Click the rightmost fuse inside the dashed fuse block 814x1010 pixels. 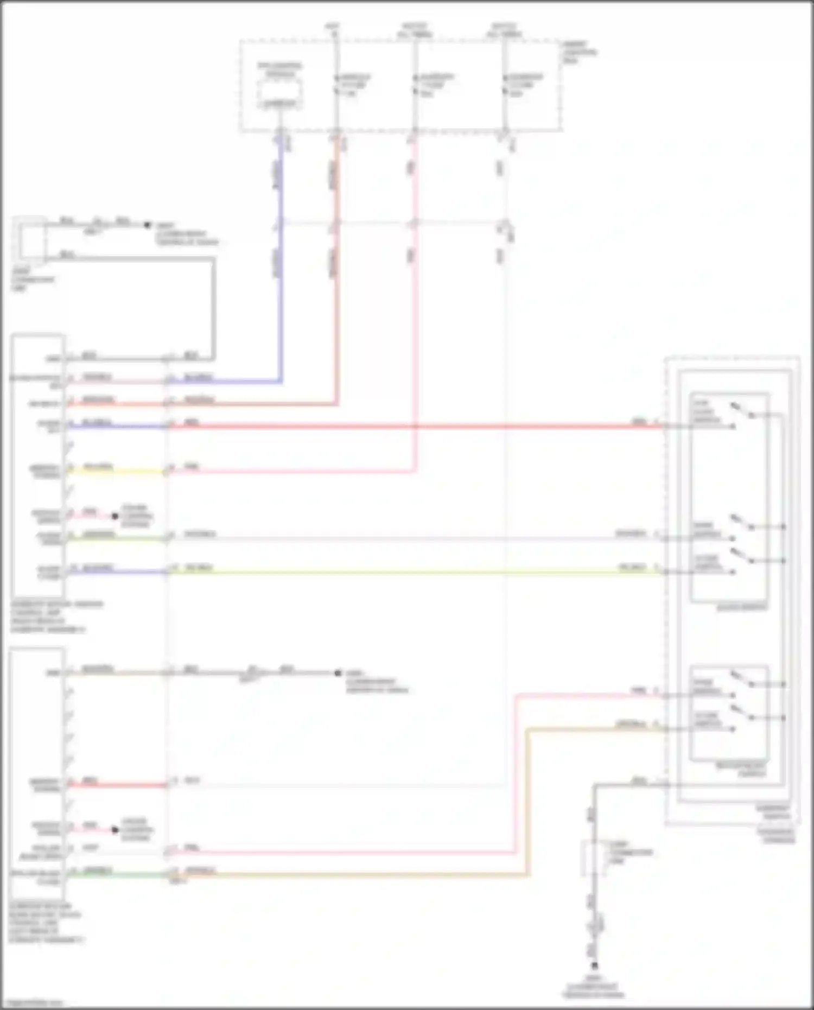tap(504, 85)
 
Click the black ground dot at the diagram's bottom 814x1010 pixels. tap(595, 965)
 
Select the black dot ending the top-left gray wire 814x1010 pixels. tap(147, 225)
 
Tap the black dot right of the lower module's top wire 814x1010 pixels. tap(338, 673)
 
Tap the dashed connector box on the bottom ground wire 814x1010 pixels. tap(595, 858)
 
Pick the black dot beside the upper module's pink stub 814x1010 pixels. tap(115, 516)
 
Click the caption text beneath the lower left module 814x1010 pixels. tap(46, 923)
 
